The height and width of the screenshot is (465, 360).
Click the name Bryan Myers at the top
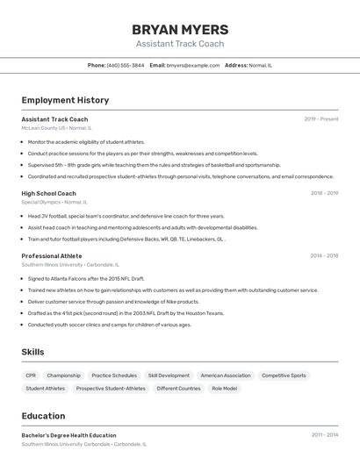(180, 29)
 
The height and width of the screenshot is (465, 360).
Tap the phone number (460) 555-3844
(126, 65)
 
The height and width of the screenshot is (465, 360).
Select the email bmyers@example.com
(193, 65)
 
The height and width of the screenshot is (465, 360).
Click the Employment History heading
(65, 100)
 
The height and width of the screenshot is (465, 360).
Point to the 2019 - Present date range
(321, 119)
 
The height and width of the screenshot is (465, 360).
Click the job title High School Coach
(48, 193)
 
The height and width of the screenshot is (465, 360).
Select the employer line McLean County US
(54, 128)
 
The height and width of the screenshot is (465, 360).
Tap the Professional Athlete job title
(52, 255)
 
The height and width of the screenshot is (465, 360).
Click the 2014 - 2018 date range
(324, 256)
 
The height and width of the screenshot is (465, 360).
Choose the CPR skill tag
(31, 376)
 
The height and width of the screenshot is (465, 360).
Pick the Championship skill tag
(64, 376)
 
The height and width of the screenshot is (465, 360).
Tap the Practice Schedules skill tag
(114, 376)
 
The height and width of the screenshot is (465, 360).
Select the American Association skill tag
(226, 376)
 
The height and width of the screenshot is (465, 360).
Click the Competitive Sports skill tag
(284, 376)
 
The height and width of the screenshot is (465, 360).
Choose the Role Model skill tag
(224, 388)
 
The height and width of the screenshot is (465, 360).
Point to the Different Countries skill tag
(178, 388)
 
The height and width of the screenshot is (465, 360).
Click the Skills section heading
(32, 352)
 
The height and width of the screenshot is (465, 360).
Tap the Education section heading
(43, 416)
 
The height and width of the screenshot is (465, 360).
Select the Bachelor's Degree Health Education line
(68, 435)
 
